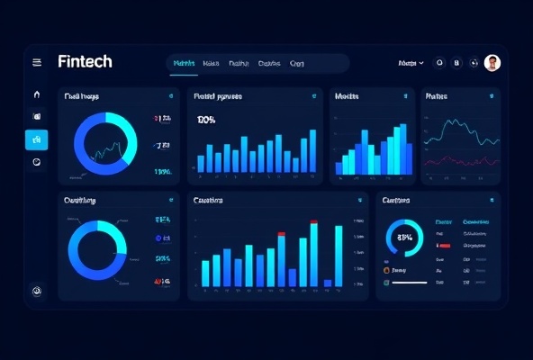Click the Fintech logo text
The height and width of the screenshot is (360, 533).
pyautogui.click(x=85, y=62)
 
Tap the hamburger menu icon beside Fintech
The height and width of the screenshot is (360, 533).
pyautogui.click(x=37, y=63)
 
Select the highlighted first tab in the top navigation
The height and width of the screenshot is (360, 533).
pyautogui.click(x=184, y=64)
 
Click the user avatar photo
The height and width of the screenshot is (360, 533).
pyautogui.click(x=492, y=63)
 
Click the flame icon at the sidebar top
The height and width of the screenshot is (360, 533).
pyautogui.click(x=37, y=94)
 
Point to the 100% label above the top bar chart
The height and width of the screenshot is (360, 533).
pyautogui.click(x=206, y=120)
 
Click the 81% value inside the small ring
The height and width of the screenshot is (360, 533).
pyautogui.click(x=404, y=238)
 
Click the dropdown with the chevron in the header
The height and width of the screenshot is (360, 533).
pyautogui.click(x=410, y=64)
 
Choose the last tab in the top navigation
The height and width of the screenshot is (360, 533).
pyautogui.click(x=297, y=64)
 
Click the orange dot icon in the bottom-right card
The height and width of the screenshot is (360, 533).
pyautogui.click(x=386, y=269)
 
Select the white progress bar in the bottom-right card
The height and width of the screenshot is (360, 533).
pyautogui.click(x=410, y=283)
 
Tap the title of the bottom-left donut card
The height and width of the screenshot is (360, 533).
pyautogui.click(x=79, y=200)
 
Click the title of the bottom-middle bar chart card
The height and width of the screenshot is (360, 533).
pyautogui.click(x=208, y=200)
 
